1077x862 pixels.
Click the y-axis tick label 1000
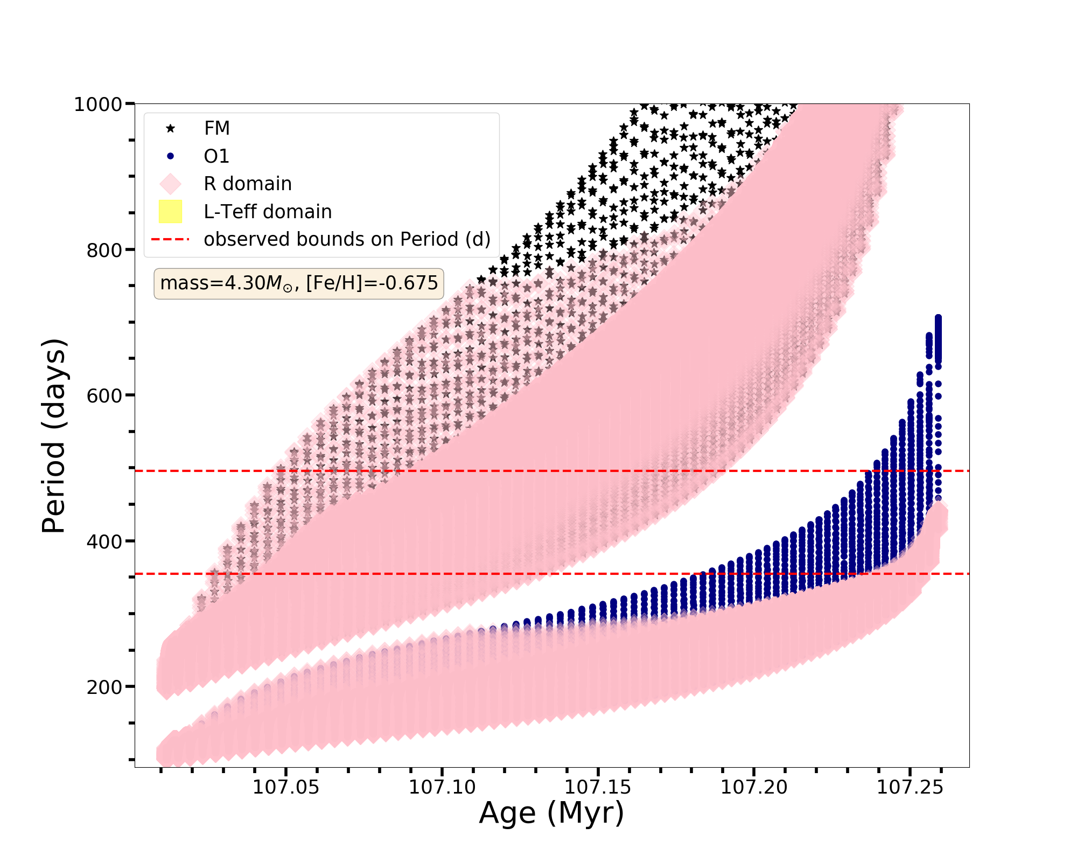coord(98,105)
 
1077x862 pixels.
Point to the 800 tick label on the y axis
coord(104,251)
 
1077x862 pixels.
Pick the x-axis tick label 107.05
coord(285,788)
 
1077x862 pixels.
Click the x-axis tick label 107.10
coord(442,788)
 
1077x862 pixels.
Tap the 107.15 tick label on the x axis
coord(598,788)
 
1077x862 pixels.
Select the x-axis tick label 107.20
coord(754,788)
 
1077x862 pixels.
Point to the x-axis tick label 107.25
coord(910,788)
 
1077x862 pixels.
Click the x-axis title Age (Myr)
coord(551,814)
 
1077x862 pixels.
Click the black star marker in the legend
coord(170,128)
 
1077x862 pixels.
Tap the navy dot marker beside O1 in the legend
coord(170,156)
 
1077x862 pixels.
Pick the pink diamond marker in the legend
coord(170,184)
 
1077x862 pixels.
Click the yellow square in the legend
coord(170,212)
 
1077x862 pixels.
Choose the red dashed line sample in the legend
coord(170,239)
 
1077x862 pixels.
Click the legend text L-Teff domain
coord(268,212)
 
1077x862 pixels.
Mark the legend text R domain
coord(248,184)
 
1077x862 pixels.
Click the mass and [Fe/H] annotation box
coord(299,283)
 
